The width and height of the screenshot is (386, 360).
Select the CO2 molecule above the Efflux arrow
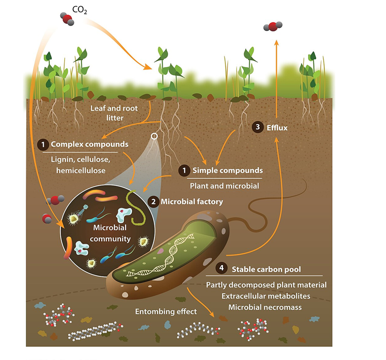[x=273, y=26]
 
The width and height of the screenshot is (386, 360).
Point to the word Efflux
[x=277, y=128]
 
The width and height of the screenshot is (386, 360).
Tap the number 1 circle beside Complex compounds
[x=44, y=145]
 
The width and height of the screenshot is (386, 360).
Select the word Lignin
[x=62, y=160]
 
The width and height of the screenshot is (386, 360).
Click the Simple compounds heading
[x=225, y=170]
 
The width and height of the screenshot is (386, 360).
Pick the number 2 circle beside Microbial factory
[x=153, y=201]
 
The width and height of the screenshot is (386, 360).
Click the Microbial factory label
[x=191, y=201]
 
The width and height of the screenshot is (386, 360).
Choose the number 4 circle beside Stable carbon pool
[x=220, y=268]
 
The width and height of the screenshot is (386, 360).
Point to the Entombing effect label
[x=165, y=311]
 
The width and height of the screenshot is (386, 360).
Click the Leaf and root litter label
[x=113, y=113]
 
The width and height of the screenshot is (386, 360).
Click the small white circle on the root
[x=155, y=136]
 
